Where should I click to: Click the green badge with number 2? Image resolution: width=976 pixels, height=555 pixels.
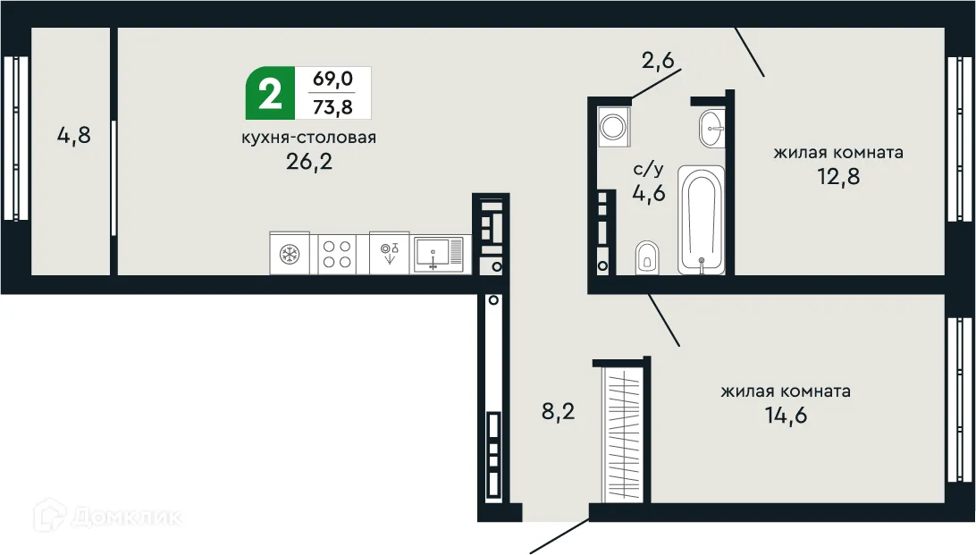pyautogui.click(x=267, y=94)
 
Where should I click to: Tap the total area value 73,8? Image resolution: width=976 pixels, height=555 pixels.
pyautogui.click(x=332, y=107)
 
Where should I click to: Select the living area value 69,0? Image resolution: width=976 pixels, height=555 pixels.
pyautogui.click(x=332, y=80)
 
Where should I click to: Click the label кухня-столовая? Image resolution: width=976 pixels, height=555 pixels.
pyautogui.click(x=308, y=138)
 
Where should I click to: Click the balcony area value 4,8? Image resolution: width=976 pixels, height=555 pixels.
pyautogui.click(x=74, y=137)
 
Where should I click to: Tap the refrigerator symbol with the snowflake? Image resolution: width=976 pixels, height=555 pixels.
pyautogui.click(x=290, y=253)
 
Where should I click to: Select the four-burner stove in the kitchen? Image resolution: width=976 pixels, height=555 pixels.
pyautogui.click(x=336, y=253)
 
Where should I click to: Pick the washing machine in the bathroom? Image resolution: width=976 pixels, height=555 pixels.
pyautogui.click(x=615, y=126)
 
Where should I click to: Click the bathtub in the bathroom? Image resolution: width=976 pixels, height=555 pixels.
pyautogui.click(x=701, y=220)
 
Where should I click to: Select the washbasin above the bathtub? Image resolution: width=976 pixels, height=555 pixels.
pyautogui.click(x=712, y=127)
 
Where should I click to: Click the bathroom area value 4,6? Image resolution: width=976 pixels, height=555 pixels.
pyautogui.click(x=649, y=193)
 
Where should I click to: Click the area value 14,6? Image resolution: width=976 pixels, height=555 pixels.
pyautogui.click(x=786, y=416)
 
